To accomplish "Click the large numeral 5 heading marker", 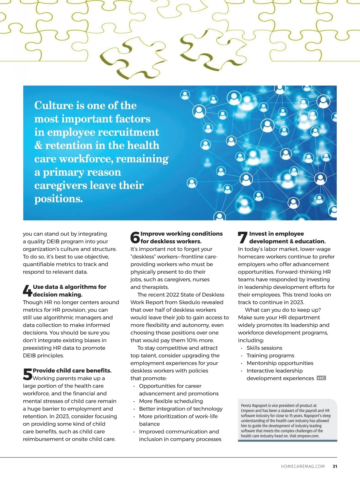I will [27, 374].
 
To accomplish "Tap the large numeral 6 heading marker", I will [135, 237].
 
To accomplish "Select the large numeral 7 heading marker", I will [242, 237].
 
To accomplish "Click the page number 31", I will [335, 466].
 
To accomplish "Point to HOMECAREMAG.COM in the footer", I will [303, 466].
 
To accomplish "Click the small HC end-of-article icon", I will [321, 378].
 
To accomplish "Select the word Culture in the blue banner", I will [54, 106].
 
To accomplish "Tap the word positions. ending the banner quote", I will [58, 199].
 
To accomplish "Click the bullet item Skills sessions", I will [264, 348].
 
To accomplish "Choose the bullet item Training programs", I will [270, 356].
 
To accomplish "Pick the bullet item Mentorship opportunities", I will [280, 363].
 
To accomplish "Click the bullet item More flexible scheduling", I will [171, 401].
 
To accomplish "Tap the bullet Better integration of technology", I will [181, 409].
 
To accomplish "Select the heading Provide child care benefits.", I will [72, 370].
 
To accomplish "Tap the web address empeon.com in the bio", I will [308, 436].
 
